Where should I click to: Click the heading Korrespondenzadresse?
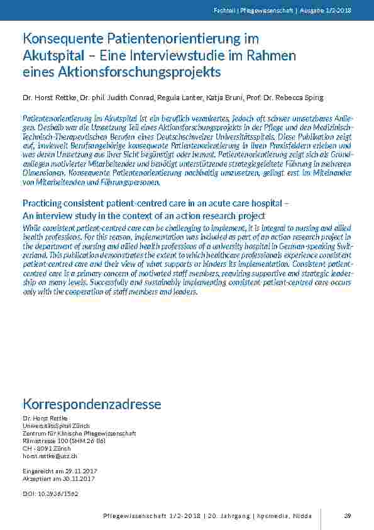[x=92, y=403]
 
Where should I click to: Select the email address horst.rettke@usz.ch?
[x=50, y=456]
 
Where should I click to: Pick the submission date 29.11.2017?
[x=71, y=471]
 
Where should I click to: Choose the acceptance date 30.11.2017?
[x=70, y=478]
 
